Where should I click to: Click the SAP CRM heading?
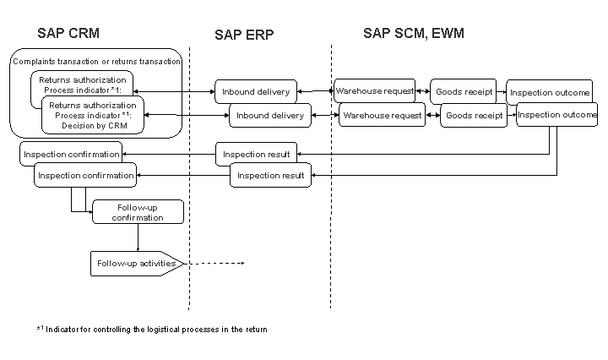click(x=68, y=34)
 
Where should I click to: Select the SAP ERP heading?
click(x=244, y=35)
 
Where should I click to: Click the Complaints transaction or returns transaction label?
click(x=96, y=61)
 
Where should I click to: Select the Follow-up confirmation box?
click(x=138, y=212)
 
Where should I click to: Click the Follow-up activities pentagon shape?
click(x=136, y=264)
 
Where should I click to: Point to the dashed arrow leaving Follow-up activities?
click(x=215, y=264)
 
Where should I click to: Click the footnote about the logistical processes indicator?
click(x=152, y=330)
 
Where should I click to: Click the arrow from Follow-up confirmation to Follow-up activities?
click(x=138, y=237)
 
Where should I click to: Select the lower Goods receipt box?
click(x=474, y=115)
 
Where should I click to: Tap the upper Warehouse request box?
click(x=374, y=90)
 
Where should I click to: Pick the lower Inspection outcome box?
click(x=555, y=114)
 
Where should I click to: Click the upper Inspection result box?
click(x=256, y=155)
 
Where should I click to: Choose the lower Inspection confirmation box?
click(x=85, y=176)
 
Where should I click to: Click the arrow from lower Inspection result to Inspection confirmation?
click(x=183, y=176)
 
